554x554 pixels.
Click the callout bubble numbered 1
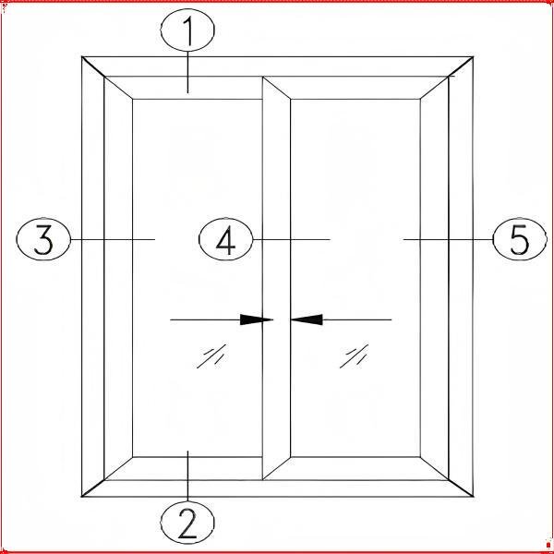187,30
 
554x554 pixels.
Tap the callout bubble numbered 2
187,523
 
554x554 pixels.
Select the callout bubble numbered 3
43,239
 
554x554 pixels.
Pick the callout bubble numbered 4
226,239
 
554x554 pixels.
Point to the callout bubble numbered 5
520,239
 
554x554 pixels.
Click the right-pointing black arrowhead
257,319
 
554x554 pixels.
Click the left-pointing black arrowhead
307,319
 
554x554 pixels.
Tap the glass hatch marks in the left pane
211,356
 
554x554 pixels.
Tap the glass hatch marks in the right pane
354,356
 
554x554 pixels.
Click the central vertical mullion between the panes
276,278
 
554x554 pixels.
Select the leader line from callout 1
187,72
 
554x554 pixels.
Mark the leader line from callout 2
187,476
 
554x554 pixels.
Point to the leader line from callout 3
113,239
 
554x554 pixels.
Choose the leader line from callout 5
448,239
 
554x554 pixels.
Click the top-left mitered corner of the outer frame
82,57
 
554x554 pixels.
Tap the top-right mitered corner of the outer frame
473,57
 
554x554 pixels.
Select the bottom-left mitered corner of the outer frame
82,496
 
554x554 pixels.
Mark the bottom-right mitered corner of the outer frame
473,496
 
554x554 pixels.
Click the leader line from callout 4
292,239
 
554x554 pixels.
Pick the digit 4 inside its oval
226,240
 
